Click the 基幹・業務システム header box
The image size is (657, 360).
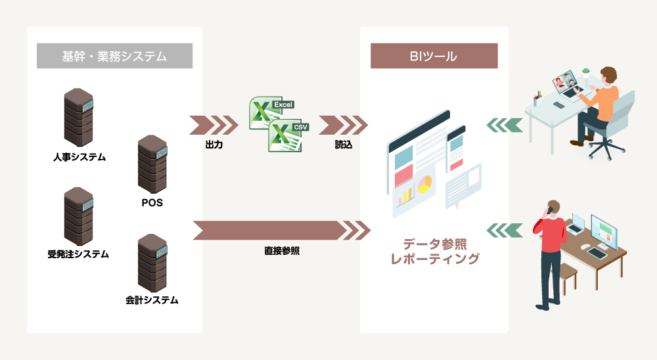coord(114,56)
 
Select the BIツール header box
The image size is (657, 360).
coord(434,56)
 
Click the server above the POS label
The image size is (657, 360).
coord(152,165)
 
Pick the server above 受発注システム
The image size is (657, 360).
coord(79,217)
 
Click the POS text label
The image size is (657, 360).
coord(152,203)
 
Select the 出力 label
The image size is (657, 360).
coord(214,145)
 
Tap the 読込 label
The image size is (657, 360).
coord(343,145)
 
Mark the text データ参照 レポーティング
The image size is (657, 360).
coord(434,252)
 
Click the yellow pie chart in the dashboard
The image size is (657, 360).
coord(425,183)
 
